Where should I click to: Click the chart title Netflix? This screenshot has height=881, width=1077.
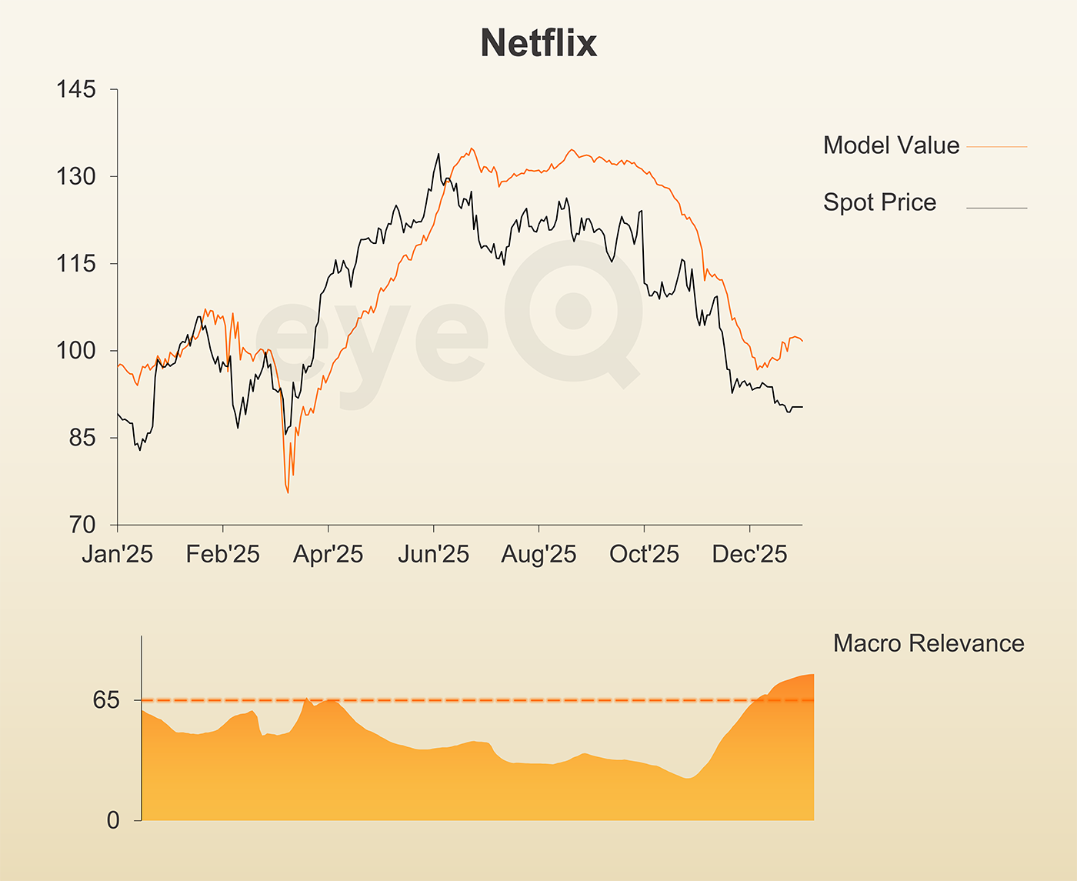pyautogui.click(x=538, y=43)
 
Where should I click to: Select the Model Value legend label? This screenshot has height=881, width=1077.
pyautogui.click(x=891, y=145)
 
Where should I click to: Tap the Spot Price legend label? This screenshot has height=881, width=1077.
pyautogui.click(x=879, y=202)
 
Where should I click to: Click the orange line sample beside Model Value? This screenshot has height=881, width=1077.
pyautogui.click(x=996, y=146)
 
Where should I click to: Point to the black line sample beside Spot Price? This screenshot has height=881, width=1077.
pyautogui.click(x=996, y=208)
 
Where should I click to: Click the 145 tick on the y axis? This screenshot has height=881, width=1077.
pyautogui.click(x=76, y=89)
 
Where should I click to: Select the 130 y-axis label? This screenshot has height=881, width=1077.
pyautogui.click(x=76, y=176)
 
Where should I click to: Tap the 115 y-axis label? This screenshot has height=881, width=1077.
pyautogui.click(x=76, y=263)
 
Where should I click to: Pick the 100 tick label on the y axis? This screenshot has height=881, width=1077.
pyautogui.click(x=76, y=350)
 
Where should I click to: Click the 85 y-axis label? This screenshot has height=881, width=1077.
pyautogui.click(x=81, y=438)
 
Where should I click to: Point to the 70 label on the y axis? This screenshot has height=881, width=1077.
pyautogui.click(x=81, y=525)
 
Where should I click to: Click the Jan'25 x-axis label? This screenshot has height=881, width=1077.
pyautogui.click(x=117, y=554)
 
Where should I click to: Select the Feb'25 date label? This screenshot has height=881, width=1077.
pyautogui.click(x=222, y=554)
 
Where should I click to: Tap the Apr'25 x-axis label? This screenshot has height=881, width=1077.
pyautogui.click(x=328, y=554)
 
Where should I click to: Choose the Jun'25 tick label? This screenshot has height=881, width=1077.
pyautogui.click(x=433, y=554)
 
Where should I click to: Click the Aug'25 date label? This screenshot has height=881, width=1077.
pyautogui.click(x=538, y=554)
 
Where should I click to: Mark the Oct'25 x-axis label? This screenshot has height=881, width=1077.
pyautogui.click(x=644, y=554)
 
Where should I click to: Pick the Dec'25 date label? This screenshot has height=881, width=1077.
pyautogui.click(x=749, y=554)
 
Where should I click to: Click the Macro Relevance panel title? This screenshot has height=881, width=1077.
pyautogui.click(x=929, y=643)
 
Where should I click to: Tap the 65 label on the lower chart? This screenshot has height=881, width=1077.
pyautogui.click(x=107, y=700)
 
